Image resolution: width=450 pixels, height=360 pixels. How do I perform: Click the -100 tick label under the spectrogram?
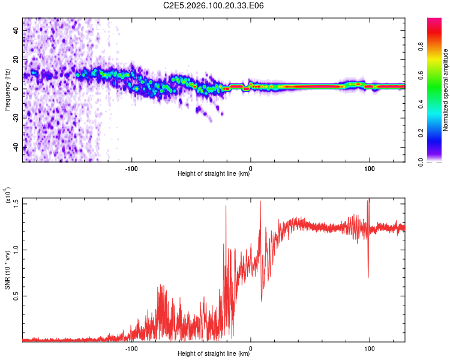131,167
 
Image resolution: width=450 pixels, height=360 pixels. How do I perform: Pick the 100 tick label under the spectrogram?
370,167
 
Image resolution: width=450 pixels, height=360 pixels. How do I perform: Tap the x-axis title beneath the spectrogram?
214,174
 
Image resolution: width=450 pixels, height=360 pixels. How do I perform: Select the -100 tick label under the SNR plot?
131,347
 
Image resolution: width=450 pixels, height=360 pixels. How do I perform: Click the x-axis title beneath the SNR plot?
214,354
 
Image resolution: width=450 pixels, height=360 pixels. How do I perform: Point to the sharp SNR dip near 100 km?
368,276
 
